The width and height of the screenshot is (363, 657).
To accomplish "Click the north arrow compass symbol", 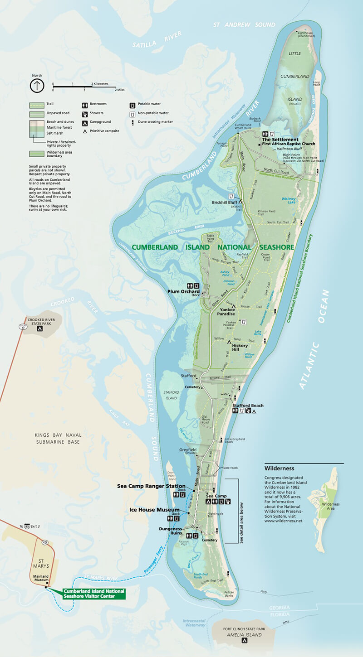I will (36, 86).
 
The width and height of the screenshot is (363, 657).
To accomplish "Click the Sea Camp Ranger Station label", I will (151, 486).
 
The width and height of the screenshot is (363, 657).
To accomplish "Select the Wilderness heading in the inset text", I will (279, 469).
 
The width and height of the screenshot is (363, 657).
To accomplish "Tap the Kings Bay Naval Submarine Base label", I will (57, 438).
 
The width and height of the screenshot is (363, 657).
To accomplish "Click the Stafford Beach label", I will (248, 405).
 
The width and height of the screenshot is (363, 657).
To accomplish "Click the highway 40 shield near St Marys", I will (45, 542).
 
